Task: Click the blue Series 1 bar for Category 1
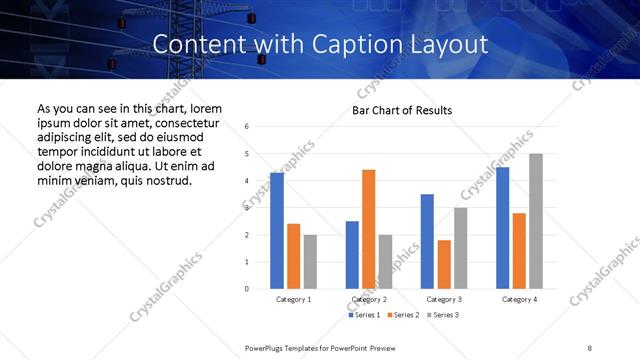pos(277,231)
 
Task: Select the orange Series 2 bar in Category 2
pos(369,229)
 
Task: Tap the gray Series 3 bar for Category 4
pos(536,221)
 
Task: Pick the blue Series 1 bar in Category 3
pos(427,241)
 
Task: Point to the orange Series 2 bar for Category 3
pos(444,264)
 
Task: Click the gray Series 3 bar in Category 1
pos(310,262)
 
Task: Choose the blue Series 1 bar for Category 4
pos(503,228)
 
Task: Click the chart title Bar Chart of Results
pos(402,110)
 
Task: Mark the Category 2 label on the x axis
pos(369,299)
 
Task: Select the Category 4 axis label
pos(519,299)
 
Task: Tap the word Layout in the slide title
pos(452,44)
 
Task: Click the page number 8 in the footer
pos(590,347)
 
